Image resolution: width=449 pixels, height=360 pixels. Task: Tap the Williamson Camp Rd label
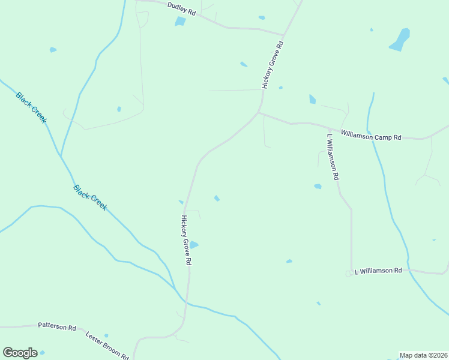371,136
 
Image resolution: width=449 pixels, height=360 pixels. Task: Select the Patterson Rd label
57,327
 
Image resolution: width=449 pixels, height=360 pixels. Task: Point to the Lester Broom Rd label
107,345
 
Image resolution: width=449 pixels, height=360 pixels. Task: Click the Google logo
20,353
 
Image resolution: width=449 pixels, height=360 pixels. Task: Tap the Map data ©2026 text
423,355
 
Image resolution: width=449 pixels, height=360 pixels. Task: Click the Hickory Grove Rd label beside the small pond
186,240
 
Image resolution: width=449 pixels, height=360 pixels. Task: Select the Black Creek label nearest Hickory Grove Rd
91,197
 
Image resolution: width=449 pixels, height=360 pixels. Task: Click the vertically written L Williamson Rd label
333,157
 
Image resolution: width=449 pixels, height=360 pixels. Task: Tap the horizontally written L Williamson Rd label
378,271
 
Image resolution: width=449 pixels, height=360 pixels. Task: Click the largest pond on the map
400,39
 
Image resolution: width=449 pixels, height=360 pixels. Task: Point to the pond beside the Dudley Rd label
180,22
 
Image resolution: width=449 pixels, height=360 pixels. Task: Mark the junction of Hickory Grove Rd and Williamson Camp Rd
259,112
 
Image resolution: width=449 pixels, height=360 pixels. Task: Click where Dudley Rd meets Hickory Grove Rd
283,35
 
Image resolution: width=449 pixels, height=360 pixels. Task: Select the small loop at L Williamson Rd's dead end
348,274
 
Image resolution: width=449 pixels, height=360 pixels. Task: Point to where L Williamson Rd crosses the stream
408,271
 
